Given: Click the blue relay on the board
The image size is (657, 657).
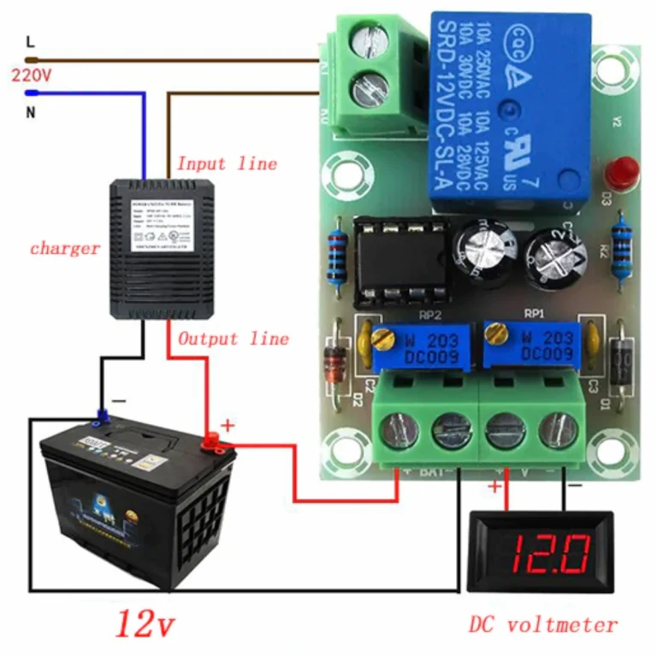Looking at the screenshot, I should (x=510, y=111).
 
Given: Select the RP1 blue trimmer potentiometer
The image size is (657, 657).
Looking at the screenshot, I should (x=531, y=342).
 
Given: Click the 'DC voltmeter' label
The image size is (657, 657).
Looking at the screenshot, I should (x=542, y=624).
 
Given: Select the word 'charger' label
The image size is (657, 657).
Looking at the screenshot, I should (x=65, y=249).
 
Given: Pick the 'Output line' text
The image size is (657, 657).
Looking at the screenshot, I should (x=233, y=338).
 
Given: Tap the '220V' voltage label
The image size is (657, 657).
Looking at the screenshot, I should (x=32, y=75).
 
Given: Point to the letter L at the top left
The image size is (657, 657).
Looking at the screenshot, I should (x=31, y=40).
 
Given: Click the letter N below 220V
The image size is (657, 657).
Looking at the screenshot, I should (x=31, y=112).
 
